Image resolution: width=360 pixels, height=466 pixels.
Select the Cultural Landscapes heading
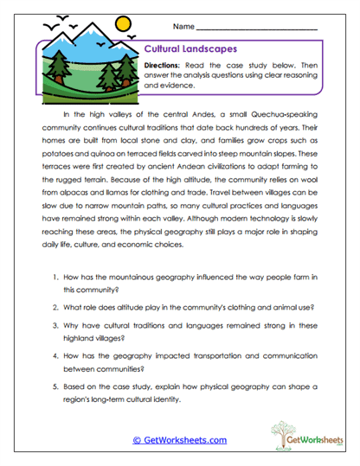pyautogui.click(x=184, y=50)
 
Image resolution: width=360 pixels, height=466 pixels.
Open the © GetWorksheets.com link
pyautogui.click(x=179, y=440)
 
